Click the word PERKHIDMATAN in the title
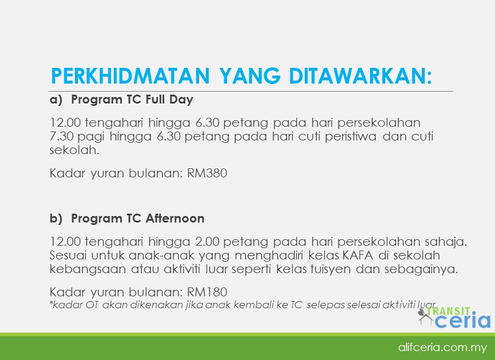(x=130, y=76)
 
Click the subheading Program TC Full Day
(x=132, y=99)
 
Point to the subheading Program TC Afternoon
(x=137, y=218)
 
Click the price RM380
(x=207, y=173)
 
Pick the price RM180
(x=207, y=292)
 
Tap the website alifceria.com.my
(x=442, y=348)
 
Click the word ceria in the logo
(x=463, y=320)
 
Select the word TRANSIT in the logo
(x=449, y=311)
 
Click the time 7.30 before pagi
(x=61, y=136)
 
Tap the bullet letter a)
(x=56, y=100)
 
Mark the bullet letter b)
(x=56, y=218)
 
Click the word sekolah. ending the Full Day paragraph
(x=74, y=151)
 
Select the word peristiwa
(x=351, y=136)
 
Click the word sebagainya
(x=421, y=270)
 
